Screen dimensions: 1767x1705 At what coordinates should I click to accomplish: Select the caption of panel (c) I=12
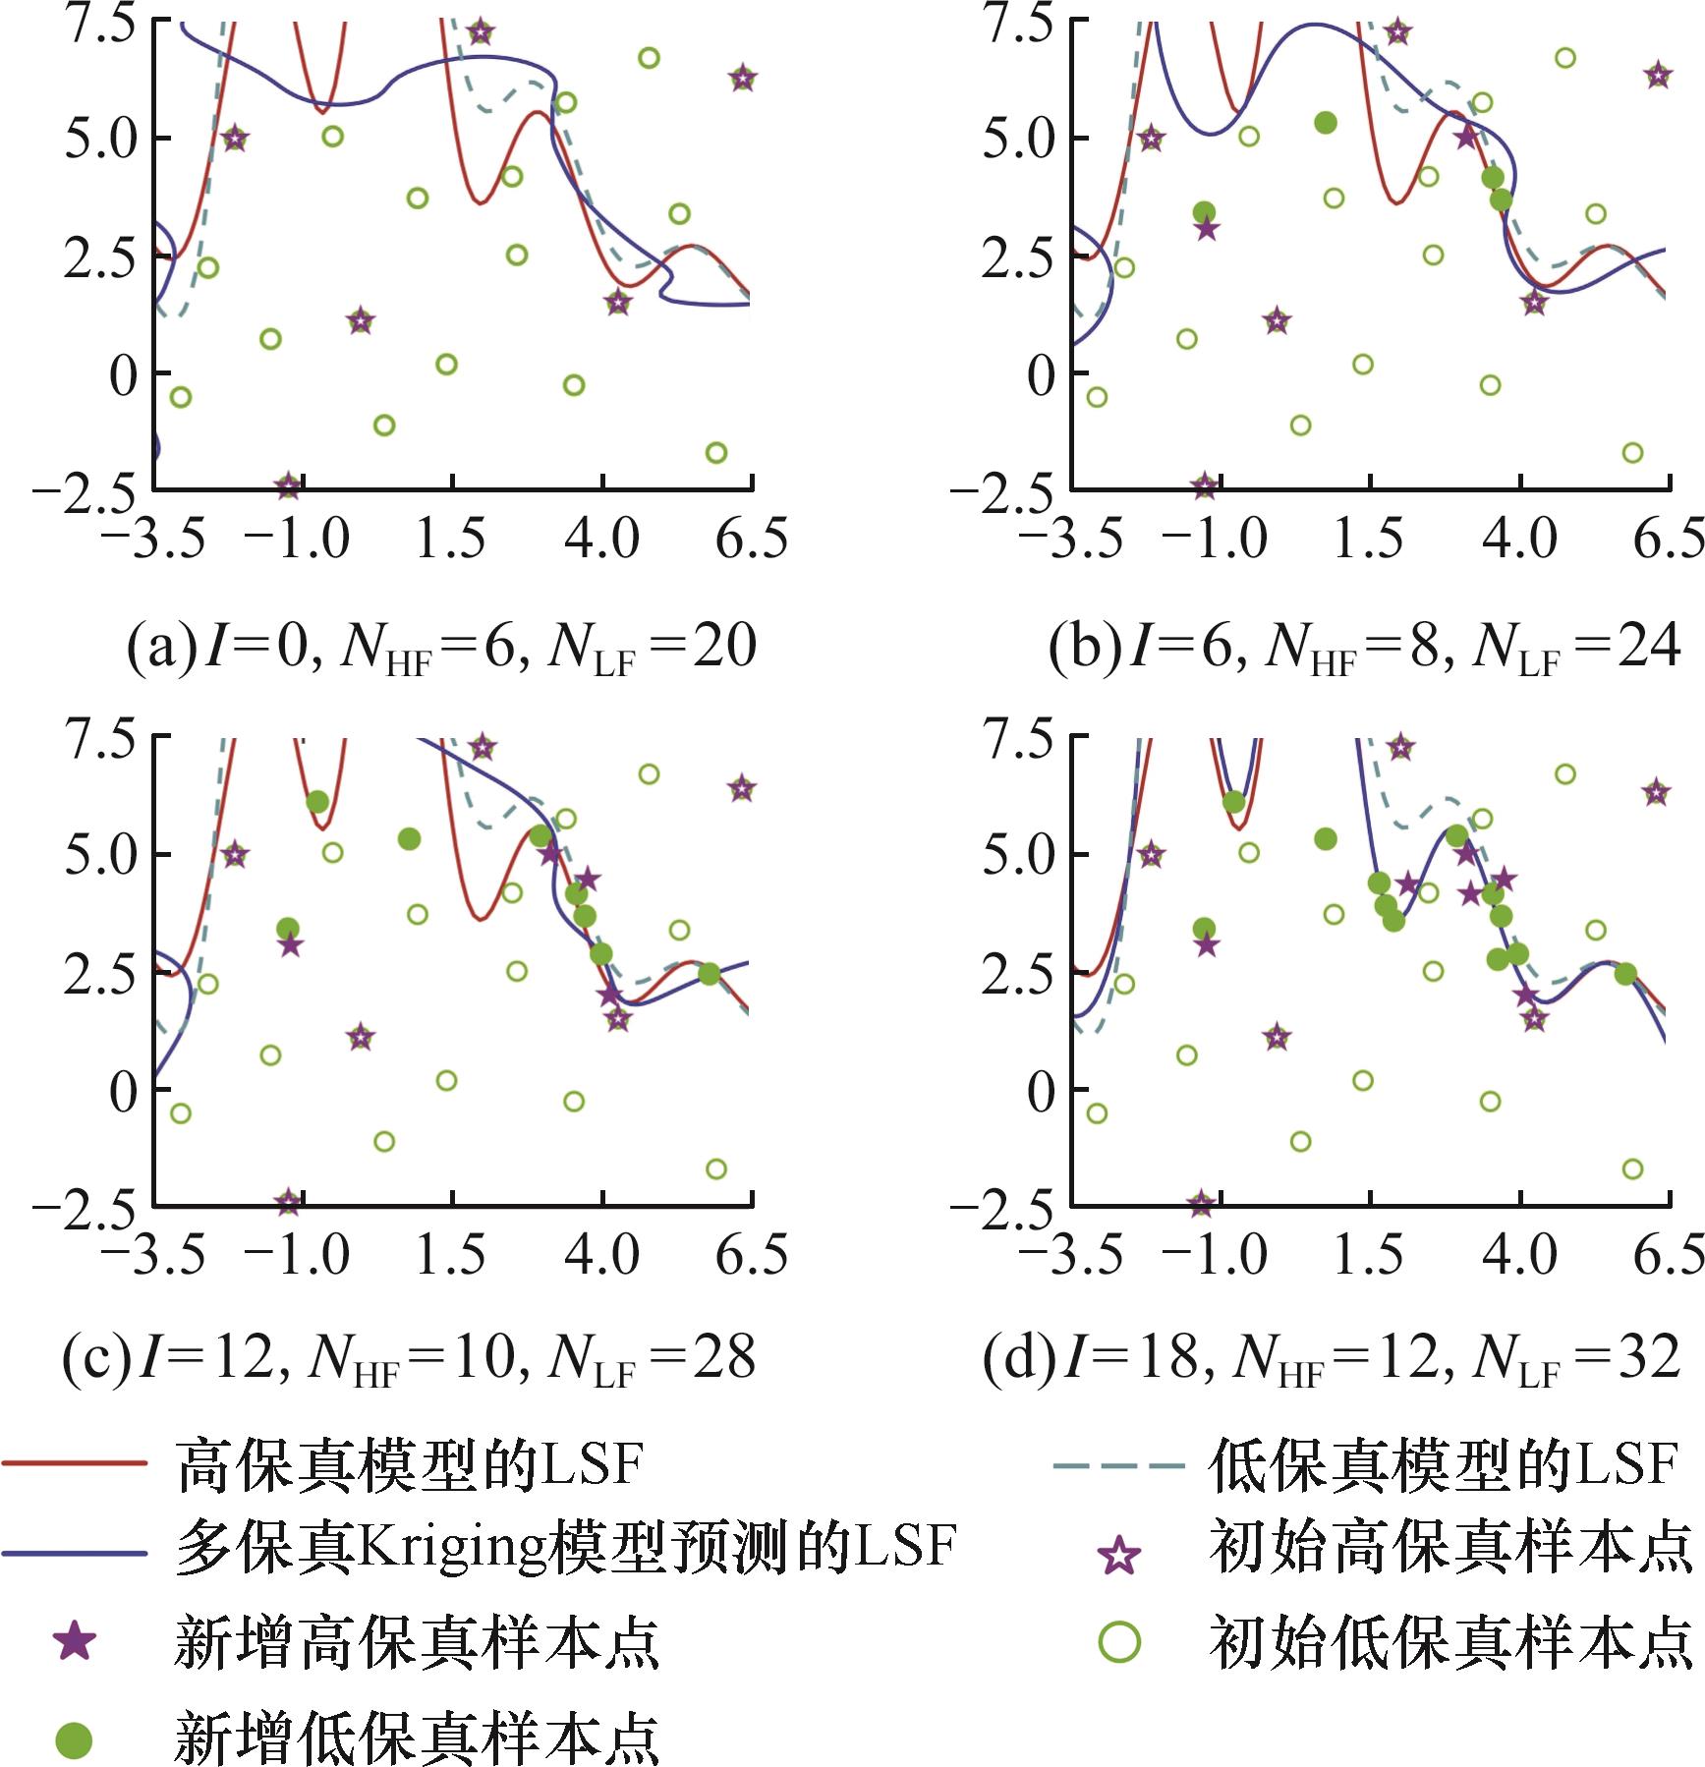pyautogui.click(x=409, y=1359)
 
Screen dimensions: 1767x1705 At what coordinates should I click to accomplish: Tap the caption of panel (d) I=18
pyautogui.click(x=1332, y=1359)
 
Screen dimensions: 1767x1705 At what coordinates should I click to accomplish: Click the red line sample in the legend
pyautogui.click(x=75, y=1463)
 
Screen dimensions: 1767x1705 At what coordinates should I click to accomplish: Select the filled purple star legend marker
pyautogui.click(x=75, y=1641)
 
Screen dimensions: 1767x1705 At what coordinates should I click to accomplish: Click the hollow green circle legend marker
pyautogui.click(x=1119, y=1641)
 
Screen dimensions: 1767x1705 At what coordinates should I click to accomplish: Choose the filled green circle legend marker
pyautogui.click(x=75, y=1740)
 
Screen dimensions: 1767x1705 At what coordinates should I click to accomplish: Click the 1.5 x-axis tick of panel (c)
pyautogui.click(x=451, y=1255)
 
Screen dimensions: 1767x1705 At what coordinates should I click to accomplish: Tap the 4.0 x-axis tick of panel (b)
pyautogui.click(x=1520, y=539)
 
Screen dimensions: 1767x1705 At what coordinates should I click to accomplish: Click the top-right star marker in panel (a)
pyautogui.click(x=743, y=79)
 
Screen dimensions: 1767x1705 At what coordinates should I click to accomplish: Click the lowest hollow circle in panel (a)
pyautogui.click(x=716, y=453)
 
